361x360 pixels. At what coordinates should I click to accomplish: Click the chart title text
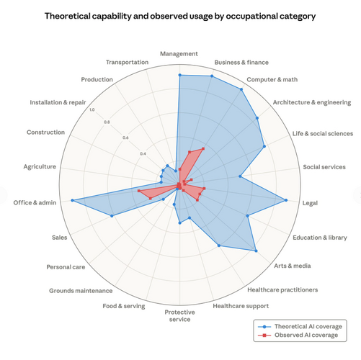[179, 15]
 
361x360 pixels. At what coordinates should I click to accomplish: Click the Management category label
[179, 53]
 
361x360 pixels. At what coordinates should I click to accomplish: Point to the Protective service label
[179, 315]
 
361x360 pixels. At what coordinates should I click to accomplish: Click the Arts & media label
[293, 266]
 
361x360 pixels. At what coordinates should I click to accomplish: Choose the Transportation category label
[128, 63]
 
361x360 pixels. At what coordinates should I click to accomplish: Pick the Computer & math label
[270, 79]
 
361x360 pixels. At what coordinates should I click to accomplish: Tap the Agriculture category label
[40, 167]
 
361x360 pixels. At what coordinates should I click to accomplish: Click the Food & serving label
[124, 306]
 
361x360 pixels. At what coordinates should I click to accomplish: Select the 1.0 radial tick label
[91, 109]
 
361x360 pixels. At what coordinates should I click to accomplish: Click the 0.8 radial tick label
[107, 122]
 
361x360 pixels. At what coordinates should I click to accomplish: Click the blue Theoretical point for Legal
[287, 200]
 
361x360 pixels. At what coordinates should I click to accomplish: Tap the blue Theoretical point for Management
[179, 74]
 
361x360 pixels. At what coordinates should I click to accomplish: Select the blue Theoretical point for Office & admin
[72, 200]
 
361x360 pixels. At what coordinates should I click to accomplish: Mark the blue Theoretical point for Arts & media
[257, 251]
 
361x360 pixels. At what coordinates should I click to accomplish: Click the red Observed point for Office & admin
[139, 192]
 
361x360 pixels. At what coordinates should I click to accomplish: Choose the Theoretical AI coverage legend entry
[303, 326]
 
